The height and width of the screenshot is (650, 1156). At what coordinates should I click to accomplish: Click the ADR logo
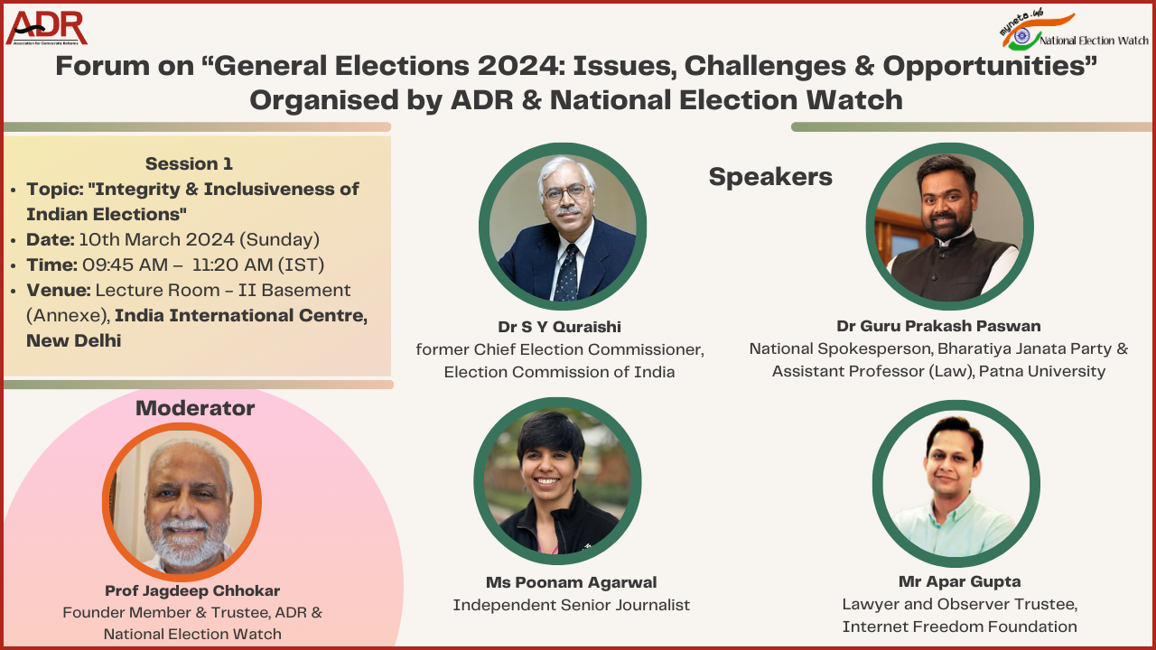(46, 28)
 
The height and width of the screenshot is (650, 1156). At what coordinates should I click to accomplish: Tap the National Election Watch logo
(1075, 30)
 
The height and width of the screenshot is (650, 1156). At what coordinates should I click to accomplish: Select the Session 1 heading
(189, 163)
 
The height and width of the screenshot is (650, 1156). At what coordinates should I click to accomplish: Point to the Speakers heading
(770, 177)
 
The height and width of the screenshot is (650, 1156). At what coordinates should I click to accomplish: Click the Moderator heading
(195, 408)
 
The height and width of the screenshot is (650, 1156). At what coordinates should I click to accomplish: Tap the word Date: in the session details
(51, 239)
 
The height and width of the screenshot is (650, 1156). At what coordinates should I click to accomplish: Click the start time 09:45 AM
(125, 265)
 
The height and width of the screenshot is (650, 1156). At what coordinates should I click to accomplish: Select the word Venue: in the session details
(59, 290)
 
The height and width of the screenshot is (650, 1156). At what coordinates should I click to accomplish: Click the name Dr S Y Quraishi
(559, 327)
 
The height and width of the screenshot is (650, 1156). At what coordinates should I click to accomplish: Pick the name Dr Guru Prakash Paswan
(938, 326)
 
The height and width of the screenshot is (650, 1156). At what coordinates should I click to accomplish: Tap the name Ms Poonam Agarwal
(572, 582)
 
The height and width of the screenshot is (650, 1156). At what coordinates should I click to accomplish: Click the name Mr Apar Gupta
(959, 581)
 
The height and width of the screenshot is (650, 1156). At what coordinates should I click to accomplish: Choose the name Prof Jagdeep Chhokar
(192, 590)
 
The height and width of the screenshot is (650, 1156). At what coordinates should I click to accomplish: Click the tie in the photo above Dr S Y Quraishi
(567, 273)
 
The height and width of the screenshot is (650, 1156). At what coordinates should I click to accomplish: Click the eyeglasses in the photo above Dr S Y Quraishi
(566, 193)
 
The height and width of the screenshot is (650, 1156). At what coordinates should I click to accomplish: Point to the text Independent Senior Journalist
(572, 605)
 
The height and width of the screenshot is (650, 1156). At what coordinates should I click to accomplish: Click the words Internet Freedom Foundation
(959, 627)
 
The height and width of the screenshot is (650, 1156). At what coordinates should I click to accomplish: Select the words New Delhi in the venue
(74, 340)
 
